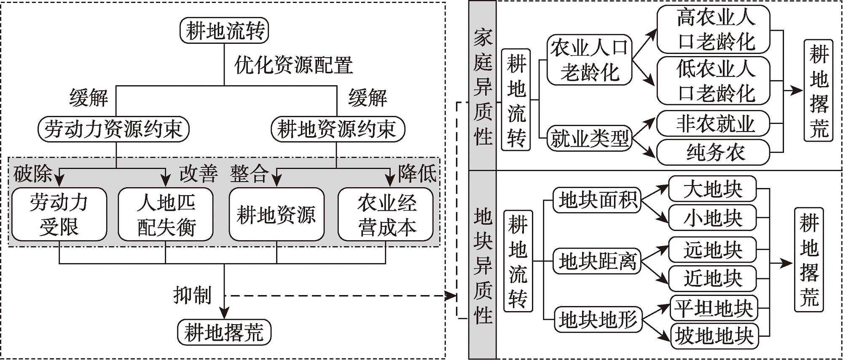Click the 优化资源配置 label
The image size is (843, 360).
293,65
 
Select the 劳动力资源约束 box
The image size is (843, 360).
113,129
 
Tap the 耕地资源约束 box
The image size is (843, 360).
337,129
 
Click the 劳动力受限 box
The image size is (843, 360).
59,215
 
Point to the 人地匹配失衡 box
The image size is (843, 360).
166,215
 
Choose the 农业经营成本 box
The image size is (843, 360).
386,215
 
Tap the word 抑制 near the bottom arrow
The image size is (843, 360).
192,295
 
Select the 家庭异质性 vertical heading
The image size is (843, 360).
483,86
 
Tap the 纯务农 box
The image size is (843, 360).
713,152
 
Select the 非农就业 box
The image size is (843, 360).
713,124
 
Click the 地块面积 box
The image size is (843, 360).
597,200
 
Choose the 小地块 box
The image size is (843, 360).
712,218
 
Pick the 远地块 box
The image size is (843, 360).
712,250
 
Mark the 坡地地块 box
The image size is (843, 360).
714,336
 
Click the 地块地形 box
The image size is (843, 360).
598,320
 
